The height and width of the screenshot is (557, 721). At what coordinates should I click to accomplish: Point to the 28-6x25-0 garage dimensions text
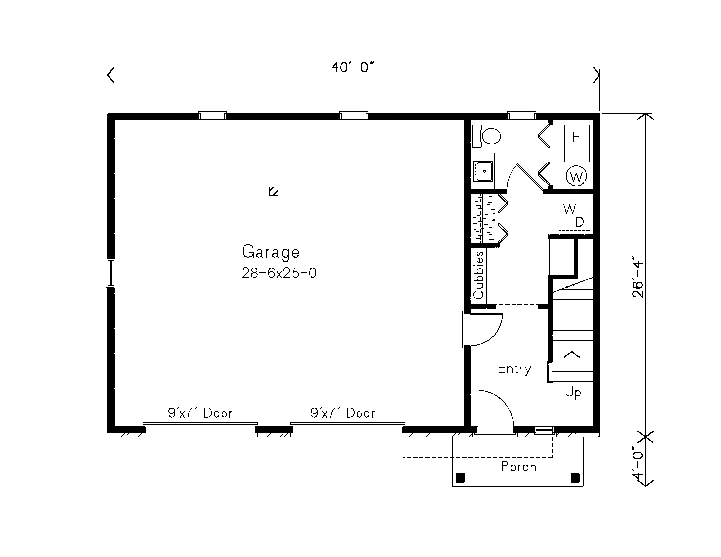[279, 273]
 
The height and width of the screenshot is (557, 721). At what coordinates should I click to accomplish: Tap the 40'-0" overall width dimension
[353, 67]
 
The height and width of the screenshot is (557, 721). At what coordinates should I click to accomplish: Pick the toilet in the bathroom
[486, 136]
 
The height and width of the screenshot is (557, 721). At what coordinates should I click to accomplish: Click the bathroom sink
[483, 171]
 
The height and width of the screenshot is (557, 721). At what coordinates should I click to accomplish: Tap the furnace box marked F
[577, 143]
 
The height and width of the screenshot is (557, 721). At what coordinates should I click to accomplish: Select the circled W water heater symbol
[576, 176]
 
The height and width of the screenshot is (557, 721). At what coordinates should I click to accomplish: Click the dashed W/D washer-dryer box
[575, 215]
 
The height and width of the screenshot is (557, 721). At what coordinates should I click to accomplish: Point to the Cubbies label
[478, 275]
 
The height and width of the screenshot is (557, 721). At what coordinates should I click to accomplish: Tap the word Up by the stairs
[573, 393]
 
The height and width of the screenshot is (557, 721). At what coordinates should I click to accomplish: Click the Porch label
[519, 467]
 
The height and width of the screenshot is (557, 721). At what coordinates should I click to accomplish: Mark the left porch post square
[460, 478]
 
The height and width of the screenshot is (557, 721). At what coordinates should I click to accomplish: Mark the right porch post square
[575, 478]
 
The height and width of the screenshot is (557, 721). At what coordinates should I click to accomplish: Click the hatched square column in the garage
[274, 191]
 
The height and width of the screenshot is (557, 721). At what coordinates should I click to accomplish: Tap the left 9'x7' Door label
[200, 413]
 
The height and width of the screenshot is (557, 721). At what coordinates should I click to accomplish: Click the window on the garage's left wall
[110, 273]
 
